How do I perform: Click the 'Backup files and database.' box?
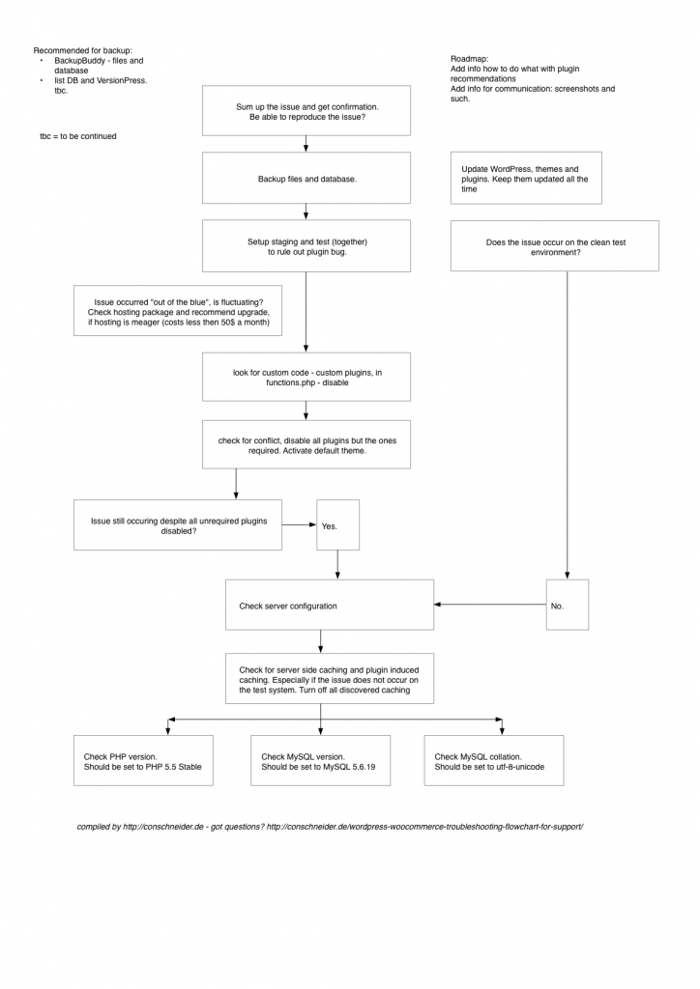(x=306, y=179)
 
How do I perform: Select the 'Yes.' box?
(x=337, y=525)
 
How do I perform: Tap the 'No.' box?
(x=567, y=605)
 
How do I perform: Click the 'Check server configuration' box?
(x=329, y=605)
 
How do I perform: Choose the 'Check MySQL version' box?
(x=320, y=760)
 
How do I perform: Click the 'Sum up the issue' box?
(x=306, y=110)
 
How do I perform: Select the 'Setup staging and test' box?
(x=306, y=245)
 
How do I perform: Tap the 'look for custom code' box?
(x=306, y=376)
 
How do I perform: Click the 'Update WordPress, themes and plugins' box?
(x=526, y=179)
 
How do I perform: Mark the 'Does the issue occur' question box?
(x=554, y=246)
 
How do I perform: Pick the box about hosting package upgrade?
(x=178, y=311)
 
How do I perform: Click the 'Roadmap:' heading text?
(x=470, y=60)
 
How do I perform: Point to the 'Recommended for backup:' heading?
(x=82, y=50)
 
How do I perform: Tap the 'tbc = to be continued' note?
(x=78, y=136)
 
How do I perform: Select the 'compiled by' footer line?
(x=330, y=828)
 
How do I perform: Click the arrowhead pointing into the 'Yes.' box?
(x=312, y=525)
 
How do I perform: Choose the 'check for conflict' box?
(x=306, y=445)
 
